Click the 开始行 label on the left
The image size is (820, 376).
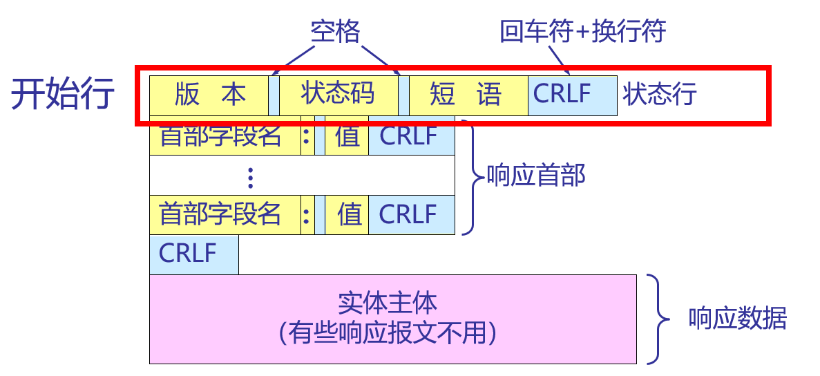point(62,95)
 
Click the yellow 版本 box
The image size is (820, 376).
point(209,95)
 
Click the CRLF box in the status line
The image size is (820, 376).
point(572,95)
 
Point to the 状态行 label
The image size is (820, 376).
point(660,95)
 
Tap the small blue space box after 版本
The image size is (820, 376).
point(274,95)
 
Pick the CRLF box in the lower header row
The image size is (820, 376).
point(412,214)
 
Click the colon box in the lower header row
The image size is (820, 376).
point(307,214)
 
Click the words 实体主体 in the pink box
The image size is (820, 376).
point(388,304)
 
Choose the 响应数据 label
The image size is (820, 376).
point(738,319)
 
